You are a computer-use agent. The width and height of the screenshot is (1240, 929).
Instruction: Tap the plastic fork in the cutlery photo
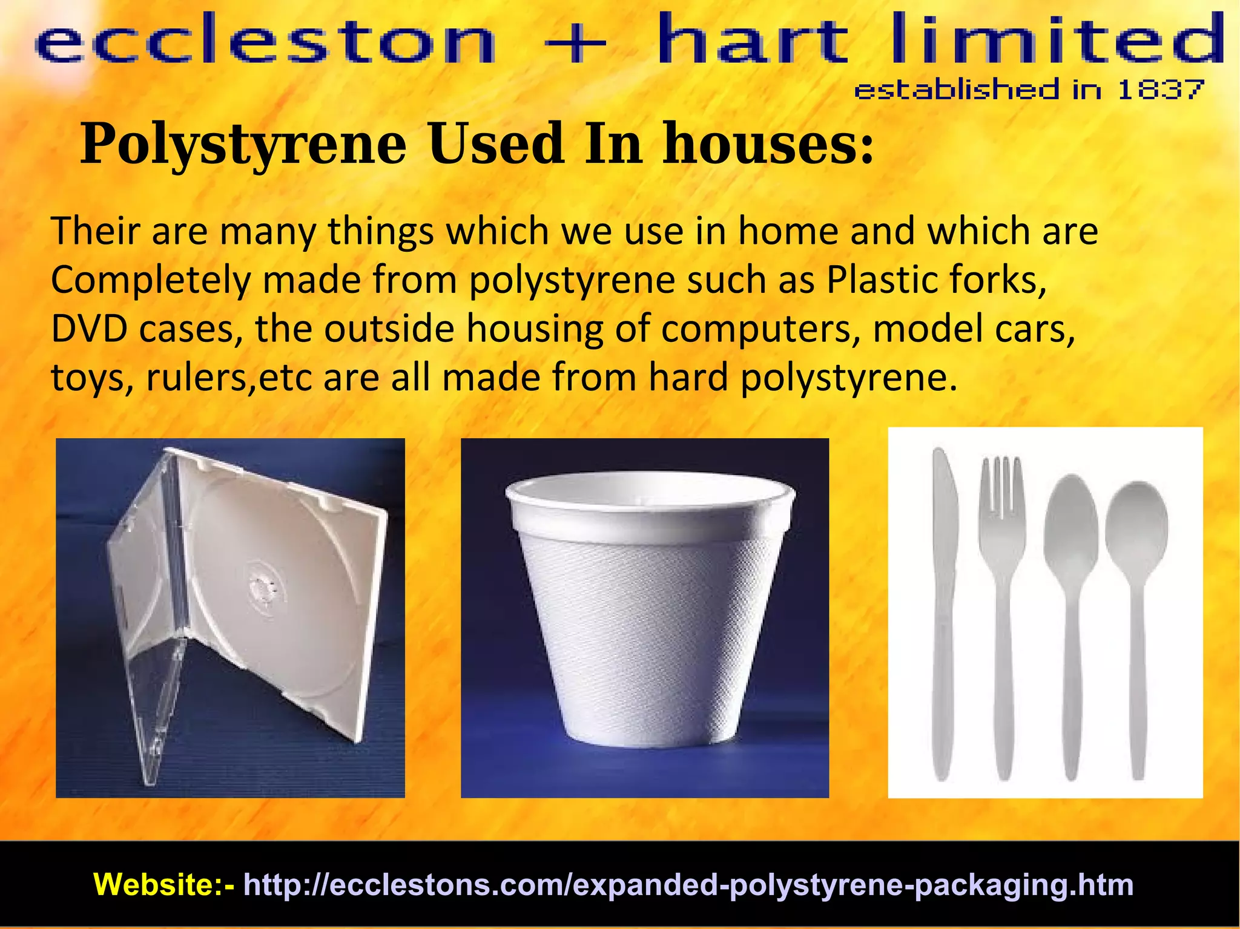click(x=1003, y=605)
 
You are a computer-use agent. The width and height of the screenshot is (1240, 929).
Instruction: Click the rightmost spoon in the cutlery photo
click(x=1136, y=605)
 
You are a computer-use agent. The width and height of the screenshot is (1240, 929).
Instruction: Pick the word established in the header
click(x=957, y=90)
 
